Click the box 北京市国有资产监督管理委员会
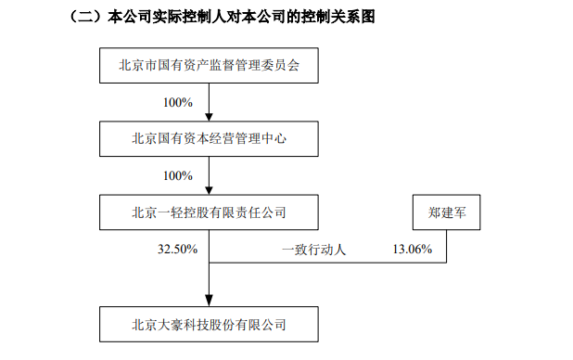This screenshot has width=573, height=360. [210, 67]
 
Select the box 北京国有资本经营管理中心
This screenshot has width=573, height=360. [210, 140]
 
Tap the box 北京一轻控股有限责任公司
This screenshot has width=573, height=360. [210, 213]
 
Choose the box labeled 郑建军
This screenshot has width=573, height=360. [446, 213]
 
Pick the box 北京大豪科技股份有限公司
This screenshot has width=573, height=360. [210, 325]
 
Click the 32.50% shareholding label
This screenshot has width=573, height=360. [176, 250]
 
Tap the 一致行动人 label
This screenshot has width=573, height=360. [314, 250]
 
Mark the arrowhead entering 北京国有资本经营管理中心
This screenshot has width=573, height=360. [210, 117]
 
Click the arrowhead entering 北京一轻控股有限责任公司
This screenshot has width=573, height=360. [210, 190]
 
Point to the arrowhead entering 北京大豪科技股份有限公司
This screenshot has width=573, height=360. [210, 302]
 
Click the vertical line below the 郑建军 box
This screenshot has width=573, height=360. [446, 245]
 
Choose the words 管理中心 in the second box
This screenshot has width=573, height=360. [264, 140]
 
